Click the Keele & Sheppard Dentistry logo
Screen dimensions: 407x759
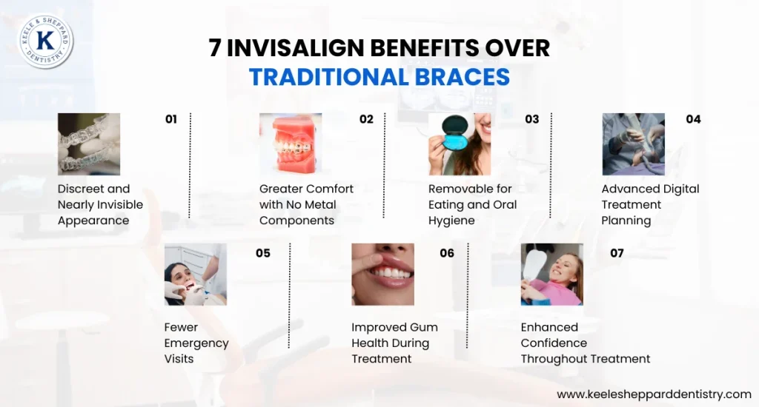pyautogui.click(x=46, y=41)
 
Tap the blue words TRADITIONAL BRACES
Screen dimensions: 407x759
pyautogui.click(x=379, y=77)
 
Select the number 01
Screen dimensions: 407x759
pyautogui.click(x=171, y=119)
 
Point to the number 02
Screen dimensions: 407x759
pyautogui.click(x=366, y=119)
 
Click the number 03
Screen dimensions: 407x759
pyautogui.click(x=531, y=119)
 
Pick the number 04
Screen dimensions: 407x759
pyautogui.click(x=693, y=119)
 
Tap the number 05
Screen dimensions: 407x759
pyautogui.click(x=263, y=253)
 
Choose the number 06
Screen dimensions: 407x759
pyautogui.click(x=447, y=253)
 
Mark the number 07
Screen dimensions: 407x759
pyautogui.click(x=617, y=253)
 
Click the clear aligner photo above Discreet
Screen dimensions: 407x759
pyautogui.click(x=89, y=144)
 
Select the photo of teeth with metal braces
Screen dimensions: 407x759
pyautogui.click(x=291, y=144)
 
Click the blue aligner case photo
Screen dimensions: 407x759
pyautogui.click(x=460, y=144)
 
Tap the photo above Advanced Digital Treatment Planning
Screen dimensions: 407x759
pyautogui.click(x=633, y=144)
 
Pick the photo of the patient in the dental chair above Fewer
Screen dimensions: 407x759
pyautogui.click(x=196, y=275)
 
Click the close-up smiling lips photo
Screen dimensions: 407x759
pyautogui.click(x=382, y=275)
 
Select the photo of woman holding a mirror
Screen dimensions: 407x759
pyautogui.click(x=551, y=275)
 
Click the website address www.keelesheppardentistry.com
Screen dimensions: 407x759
pyautogui.click(x=654, y=394)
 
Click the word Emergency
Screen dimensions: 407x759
pyautogui.click(x=196, y=343)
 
